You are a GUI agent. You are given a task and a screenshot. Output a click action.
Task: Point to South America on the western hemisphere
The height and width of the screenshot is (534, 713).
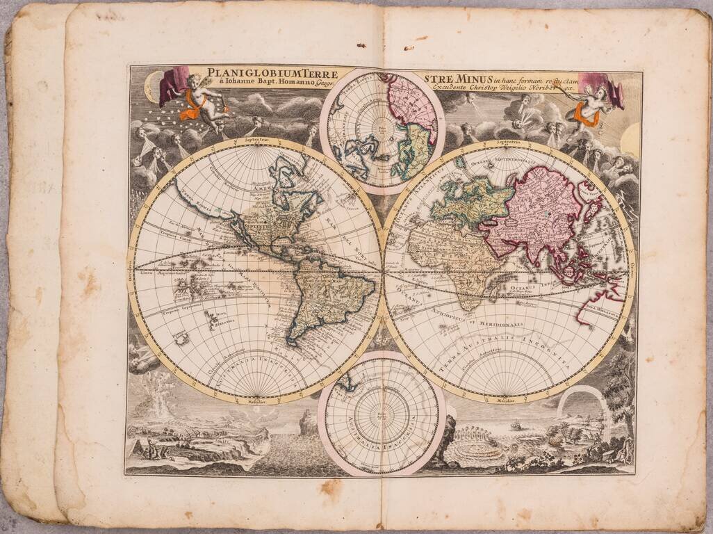pos(327,292)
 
